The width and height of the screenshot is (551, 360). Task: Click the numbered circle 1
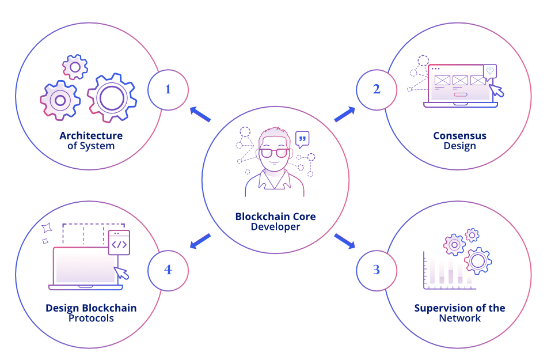pyautogui.click(x=168, y=89)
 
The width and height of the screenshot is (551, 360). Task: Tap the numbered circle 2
pyautogui.click(x=377, y=89)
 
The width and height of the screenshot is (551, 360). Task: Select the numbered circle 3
pyautogui.click(x=377, y=270)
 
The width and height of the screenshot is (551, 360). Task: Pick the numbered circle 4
pyautogui.click(x=168, y=270)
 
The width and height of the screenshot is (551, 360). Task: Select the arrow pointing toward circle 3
pyautogui.click(x=345, y=241)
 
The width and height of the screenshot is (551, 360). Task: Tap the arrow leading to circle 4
pyautogui.click(x=200, y=241)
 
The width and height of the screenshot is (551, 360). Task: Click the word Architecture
pyautogui.click(x=91, y=136)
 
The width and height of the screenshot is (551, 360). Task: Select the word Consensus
pyautogui.click(x=459, y=136)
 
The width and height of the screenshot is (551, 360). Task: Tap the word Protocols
pyautogui.click(x=91, y=318)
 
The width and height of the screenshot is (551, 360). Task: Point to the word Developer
pyautogui.click(x=275, y=227)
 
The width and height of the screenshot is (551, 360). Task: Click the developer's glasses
pyautogui.click(x=275, y=153)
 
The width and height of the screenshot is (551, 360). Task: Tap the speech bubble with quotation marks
pyautogui.click(x=302, y=139)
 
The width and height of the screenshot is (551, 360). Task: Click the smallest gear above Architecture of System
pyautogui.click(x=75, y=67)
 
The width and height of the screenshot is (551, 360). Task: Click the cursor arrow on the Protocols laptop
pyautogui.click(x=121, y=272)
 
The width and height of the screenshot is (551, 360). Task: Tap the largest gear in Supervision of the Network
pyautogui.click(x=477, y=261)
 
